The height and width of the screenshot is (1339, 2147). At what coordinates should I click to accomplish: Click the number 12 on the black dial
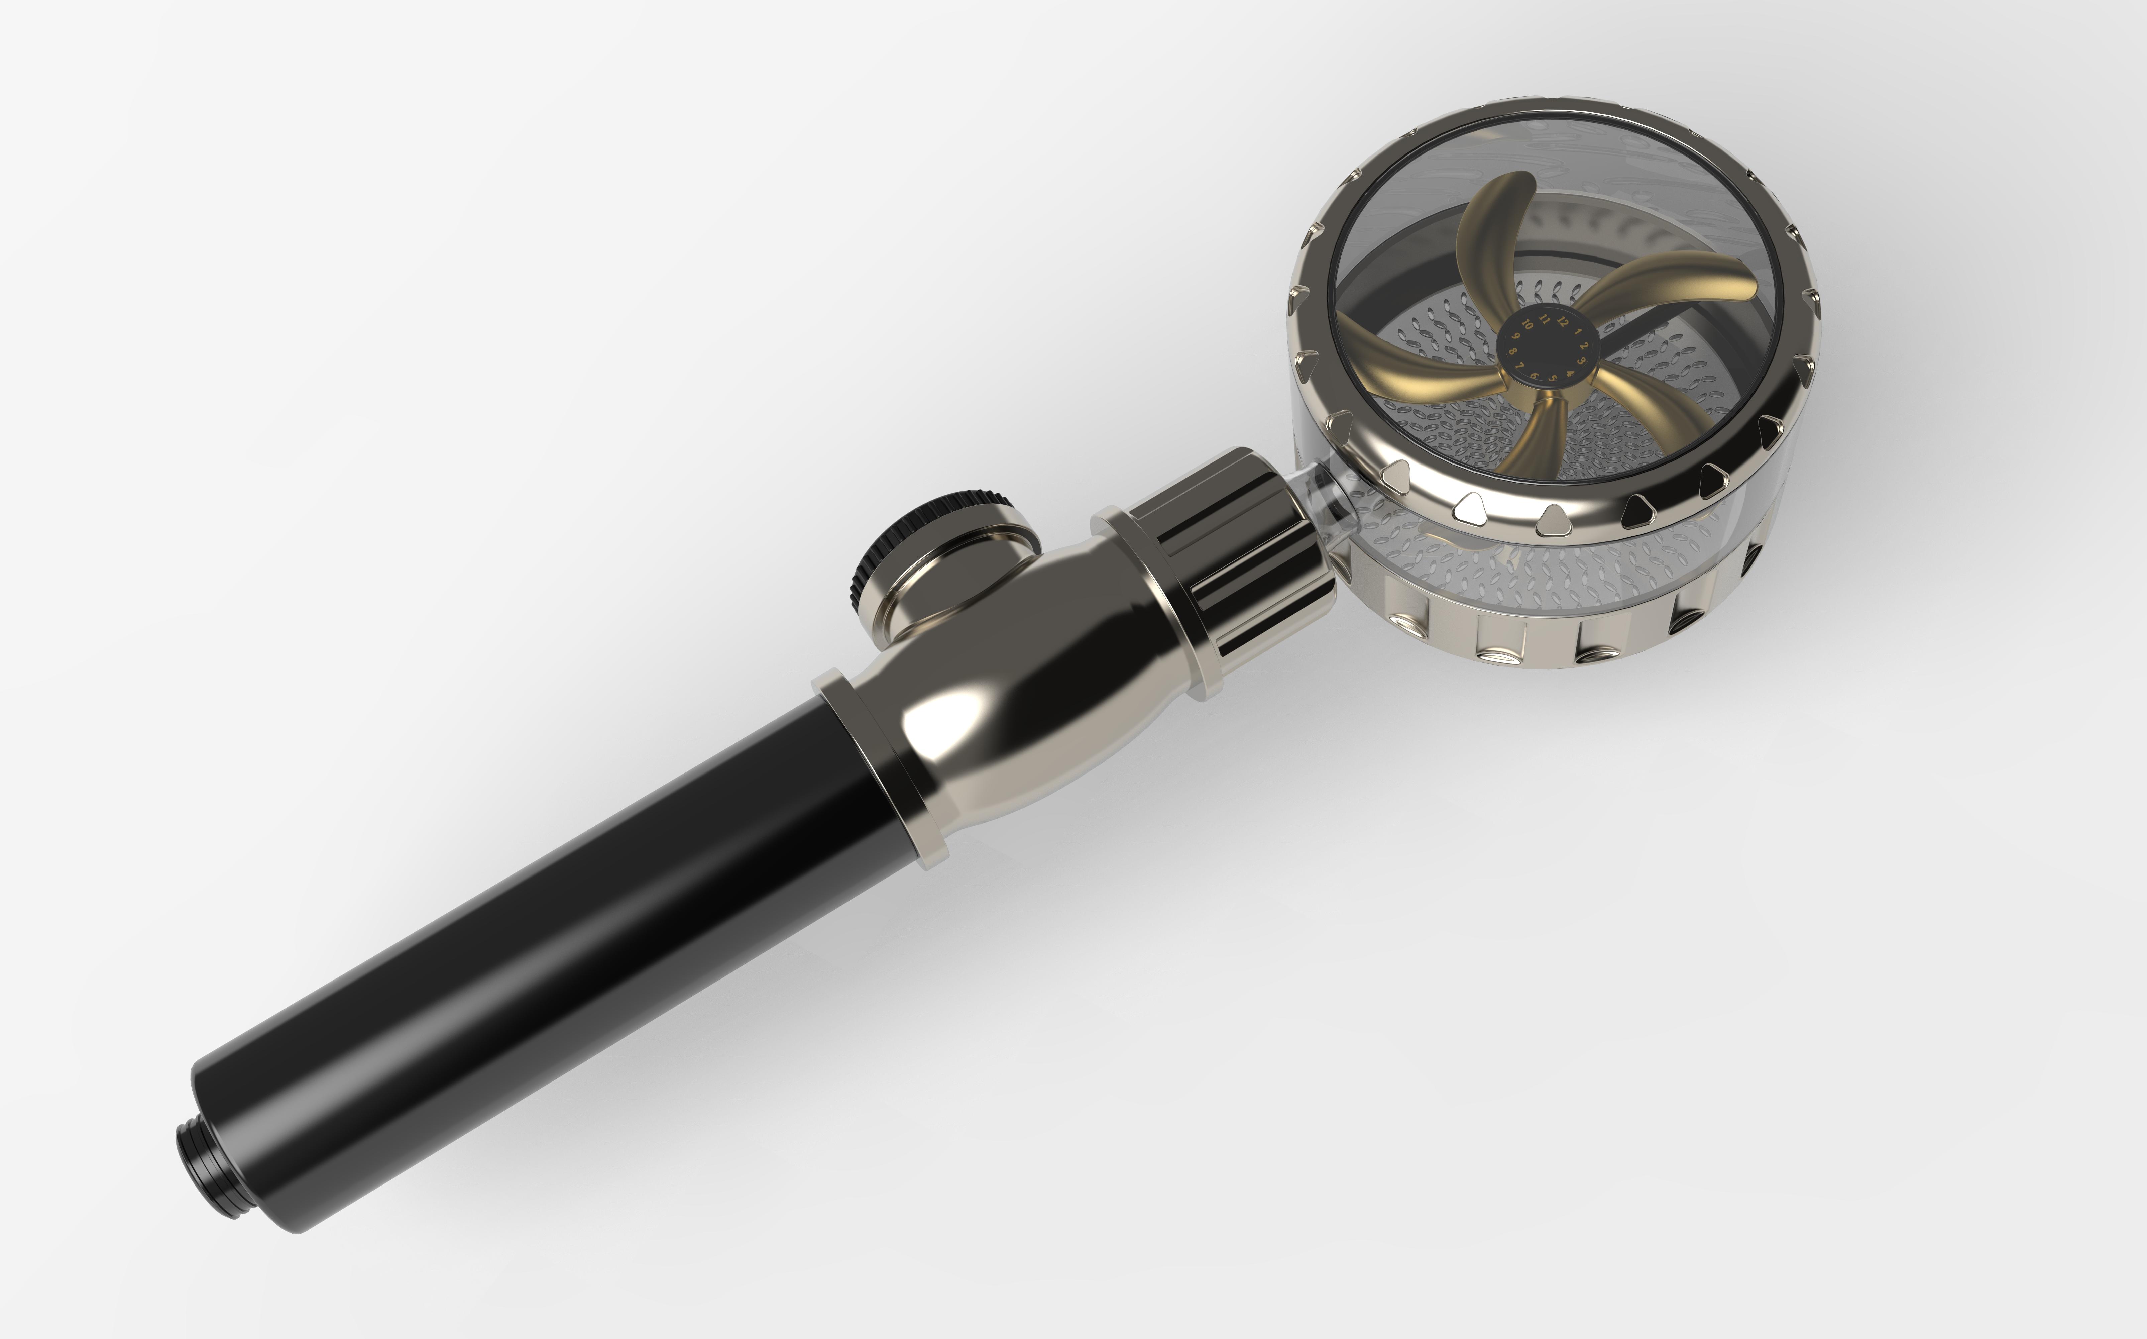[x=1563, y=321]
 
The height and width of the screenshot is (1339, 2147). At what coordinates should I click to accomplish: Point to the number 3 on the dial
[x=1581, y=361]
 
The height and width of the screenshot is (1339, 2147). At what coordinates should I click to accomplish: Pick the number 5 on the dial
[x=1553, y=377]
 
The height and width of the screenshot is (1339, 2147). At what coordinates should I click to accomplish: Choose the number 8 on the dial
[x=1513, y=351]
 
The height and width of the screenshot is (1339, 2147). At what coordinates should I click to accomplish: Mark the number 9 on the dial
[x=1516, y=336]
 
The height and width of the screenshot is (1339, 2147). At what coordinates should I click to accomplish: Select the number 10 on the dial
[x=1527, y=324]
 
